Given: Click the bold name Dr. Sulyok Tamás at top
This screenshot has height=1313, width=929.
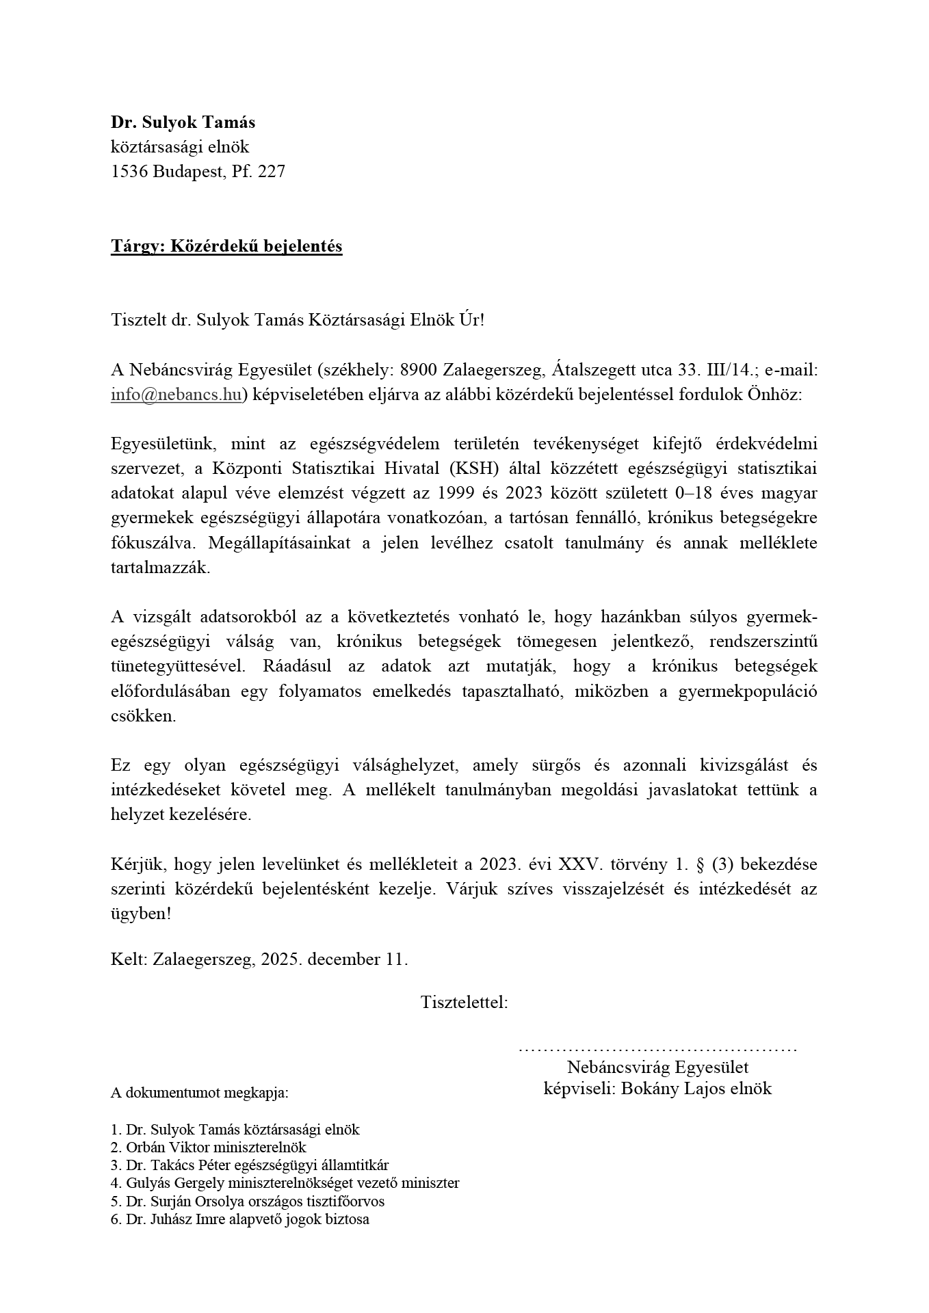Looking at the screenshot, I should [x=183, y=122].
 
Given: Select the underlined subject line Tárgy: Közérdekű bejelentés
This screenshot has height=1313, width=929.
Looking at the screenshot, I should [x=226, y=246].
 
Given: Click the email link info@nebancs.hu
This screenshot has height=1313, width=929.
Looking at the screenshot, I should [x=176, y=395].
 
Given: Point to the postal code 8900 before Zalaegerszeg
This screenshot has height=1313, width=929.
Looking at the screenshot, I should [x=418, y=370].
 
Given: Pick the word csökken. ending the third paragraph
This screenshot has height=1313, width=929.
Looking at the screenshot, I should [x=144, y=716].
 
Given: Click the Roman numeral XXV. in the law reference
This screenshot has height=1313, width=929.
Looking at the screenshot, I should [x=581, y=864].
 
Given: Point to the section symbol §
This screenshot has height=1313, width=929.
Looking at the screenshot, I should [x=699, y=864].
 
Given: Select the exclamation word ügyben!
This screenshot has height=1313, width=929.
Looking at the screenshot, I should [x=141, y=914].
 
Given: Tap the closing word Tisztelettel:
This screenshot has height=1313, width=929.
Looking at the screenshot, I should [x=464, y=1003].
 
